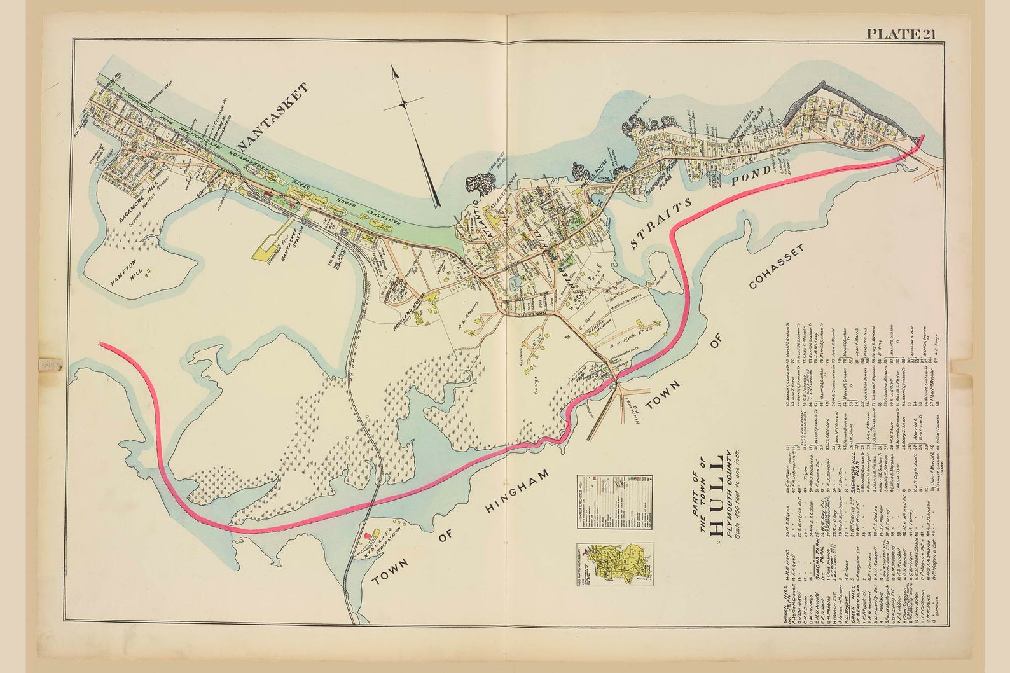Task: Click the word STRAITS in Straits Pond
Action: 661,223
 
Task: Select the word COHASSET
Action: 776,267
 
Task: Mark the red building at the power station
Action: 367,536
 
